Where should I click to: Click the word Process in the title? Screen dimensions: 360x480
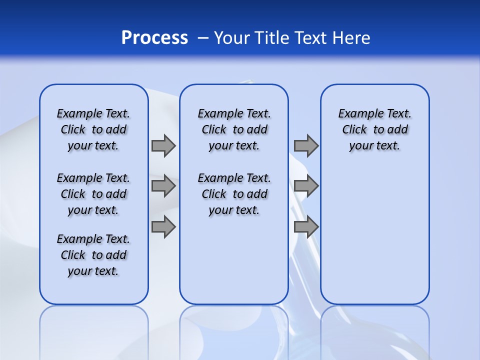(154, 38)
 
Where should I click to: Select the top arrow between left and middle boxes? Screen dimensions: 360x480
(163, 145)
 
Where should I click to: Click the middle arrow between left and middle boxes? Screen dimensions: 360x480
(163, 186)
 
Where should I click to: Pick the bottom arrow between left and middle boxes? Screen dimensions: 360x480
(163, 226)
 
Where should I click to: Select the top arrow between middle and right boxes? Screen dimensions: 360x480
(306, 145)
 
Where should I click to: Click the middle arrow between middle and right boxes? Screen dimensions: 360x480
(306, 186)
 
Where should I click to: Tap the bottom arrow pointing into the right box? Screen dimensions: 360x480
(306, 226)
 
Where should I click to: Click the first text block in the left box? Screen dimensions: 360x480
(93, 129)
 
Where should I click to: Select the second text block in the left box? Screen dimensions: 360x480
(93, 194)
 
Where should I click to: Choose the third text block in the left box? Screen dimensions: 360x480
(93, 255)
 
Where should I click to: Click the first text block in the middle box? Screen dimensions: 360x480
(234, 129)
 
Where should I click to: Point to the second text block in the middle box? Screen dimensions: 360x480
(234, 194)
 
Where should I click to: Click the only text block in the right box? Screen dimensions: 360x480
(375, 129)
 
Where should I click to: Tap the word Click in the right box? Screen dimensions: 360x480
(354, 130)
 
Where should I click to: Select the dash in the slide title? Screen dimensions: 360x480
(203, 38)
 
